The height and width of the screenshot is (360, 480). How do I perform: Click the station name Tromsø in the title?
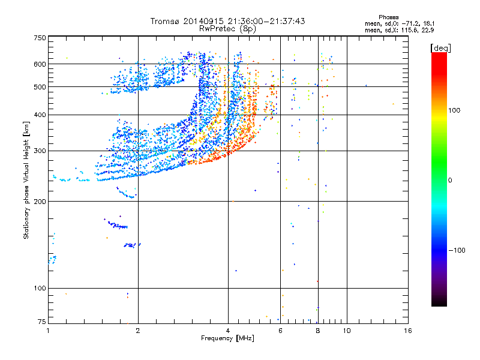167,21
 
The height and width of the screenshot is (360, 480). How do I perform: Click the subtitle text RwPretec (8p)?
228,28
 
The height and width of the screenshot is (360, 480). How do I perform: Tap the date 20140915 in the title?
205,21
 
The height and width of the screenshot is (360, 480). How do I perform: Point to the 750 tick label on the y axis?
39,37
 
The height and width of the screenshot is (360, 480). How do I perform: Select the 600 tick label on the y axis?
39,64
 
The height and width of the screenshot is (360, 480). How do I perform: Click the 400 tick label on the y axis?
39,115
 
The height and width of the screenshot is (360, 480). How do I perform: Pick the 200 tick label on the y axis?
39,202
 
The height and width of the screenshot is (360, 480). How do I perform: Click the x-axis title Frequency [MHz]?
227,339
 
